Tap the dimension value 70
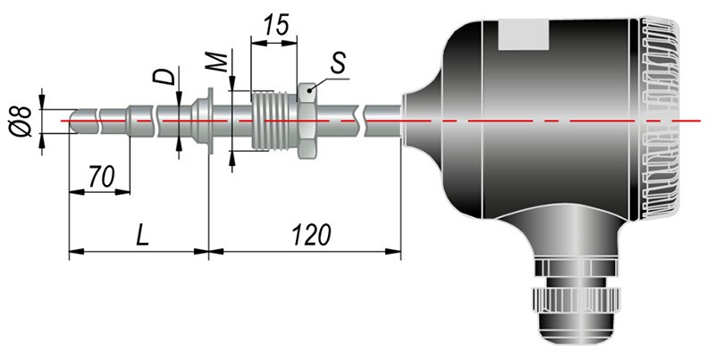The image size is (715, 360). (x=101, y=177)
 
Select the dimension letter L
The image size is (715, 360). (x=143, y=236)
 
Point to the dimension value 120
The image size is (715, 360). (x=311, y=236)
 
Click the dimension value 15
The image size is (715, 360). (x=276, y=25)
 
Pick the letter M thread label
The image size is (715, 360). (x=216, y=63)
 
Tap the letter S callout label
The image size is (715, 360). (x=339, y=63)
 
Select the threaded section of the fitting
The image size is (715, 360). (x=274, y=121)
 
